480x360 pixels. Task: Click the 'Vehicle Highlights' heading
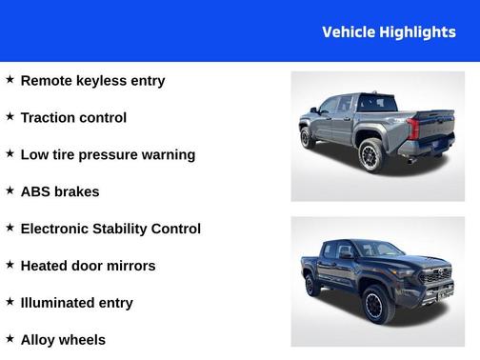pos(389,32)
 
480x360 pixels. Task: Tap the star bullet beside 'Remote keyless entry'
pos(10,80)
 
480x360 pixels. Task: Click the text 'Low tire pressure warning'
pos(108,155)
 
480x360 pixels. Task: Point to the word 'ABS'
pos(35,192)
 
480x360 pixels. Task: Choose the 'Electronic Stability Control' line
pos(110,230)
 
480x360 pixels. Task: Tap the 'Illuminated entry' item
pos(76,303)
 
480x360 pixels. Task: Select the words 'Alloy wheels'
pos(63,340)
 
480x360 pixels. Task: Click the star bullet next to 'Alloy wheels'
pos(10,339)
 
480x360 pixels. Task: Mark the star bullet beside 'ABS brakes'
pos(10,191)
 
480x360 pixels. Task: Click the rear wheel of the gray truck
pos(370,155)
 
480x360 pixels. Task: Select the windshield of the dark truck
pos(378,250)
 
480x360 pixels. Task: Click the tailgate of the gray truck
pos(436,130)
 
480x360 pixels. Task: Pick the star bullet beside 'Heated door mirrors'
pos(10,265)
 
